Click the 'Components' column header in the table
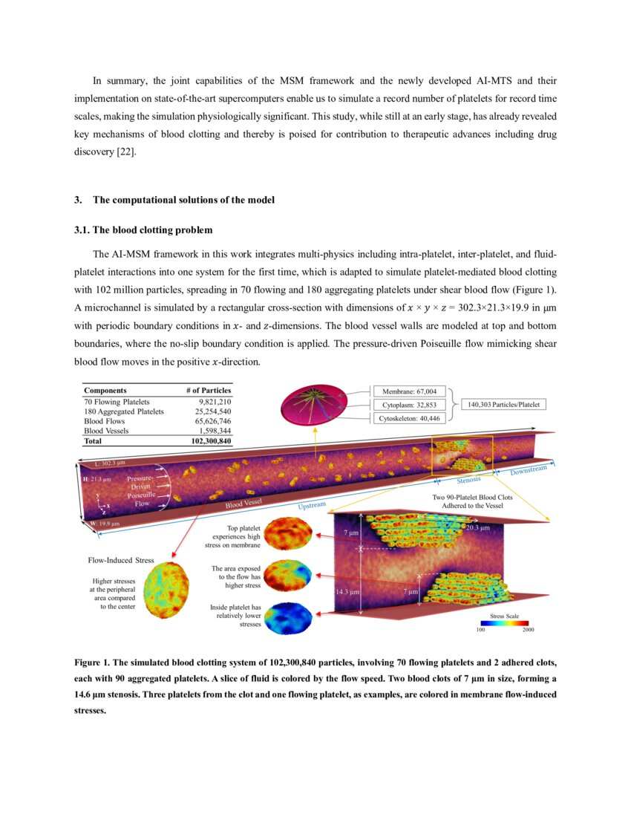(x=105, y=390)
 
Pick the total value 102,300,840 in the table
(x=206, y=440)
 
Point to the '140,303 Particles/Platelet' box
(x=504, y=405)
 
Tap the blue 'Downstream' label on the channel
(x=528, y=470)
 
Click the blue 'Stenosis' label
(x=468, y=480)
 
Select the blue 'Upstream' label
(x=312, y=505)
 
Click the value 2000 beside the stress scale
(x=527, y=630)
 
